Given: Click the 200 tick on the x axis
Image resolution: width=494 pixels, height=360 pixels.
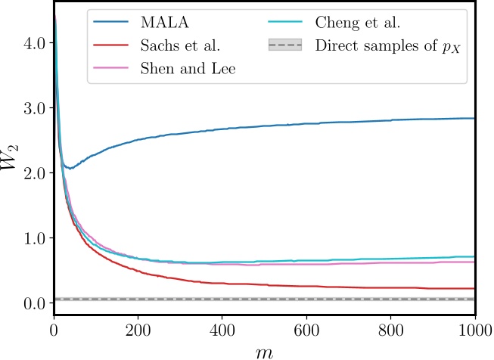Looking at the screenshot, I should [137, 330].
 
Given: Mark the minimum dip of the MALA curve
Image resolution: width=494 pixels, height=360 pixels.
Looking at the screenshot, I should [70, 168].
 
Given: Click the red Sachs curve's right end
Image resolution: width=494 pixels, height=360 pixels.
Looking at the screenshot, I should [474, 288].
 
